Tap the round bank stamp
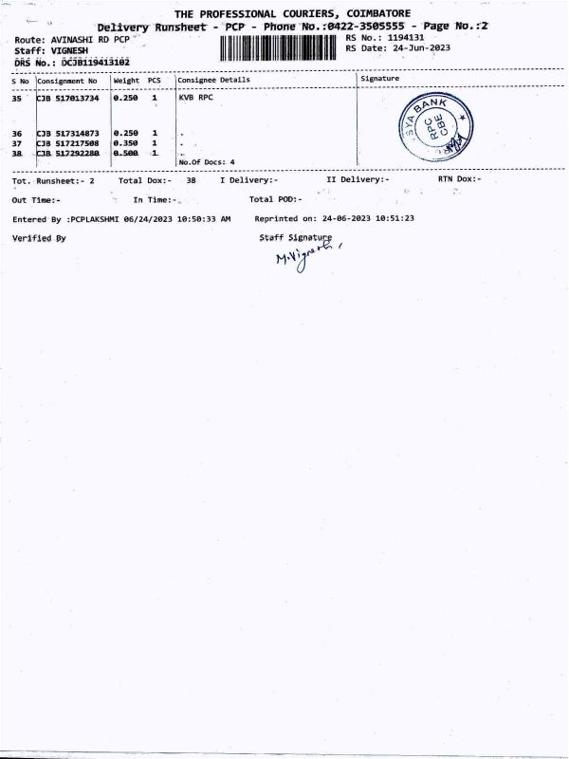click(433, 126)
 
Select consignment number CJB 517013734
click(67, 98)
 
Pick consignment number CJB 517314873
click(67, 134)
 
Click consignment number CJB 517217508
click(67, 143)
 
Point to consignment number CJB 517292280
click(67, 153)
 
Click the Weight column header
click(126, 81)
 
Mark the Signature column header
click(379, 79)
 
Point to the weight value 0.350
click(126, 143)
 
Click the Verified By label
click(39, 238)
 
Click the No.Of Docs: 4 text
click(206, 162)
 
